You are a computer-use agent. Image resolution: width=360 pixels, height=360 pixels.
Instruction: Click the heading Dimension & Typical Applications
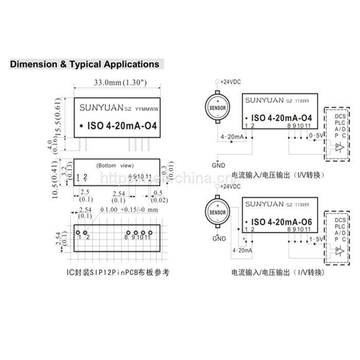tap(85, 65)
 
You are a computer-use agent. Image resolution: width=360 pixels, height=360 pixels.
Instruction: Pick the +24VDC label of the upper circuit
tap(229, 82)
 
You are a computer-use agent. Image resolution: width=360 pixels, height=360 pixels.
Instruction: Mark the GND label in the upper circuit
tap(219, 166)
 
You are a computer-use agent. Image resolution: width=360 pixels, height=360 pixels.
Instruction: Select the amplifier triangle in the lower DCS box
tap(337, 251)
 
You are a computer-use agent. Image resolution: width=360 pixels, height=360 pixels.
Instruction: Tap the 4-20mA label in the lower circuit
tap(243, 250)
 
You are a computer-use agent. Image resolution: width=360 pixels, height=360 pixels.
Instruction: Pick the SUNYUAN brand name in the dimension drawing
tap(102, 109)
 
